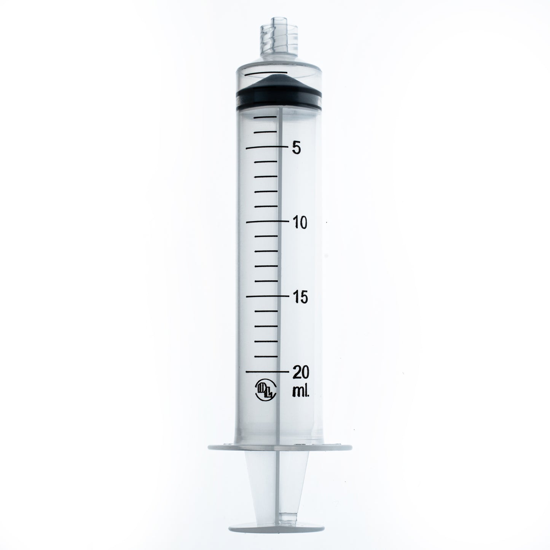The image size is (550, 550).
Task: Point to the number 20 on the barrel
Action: pos(301,371)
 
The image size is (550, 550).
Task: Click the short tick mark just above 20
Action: pos(266,356)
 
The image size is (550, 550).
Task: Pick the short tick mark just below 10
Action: pos(266,236)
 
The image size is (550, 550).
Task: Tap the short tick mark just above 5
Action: pos(266,132)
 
